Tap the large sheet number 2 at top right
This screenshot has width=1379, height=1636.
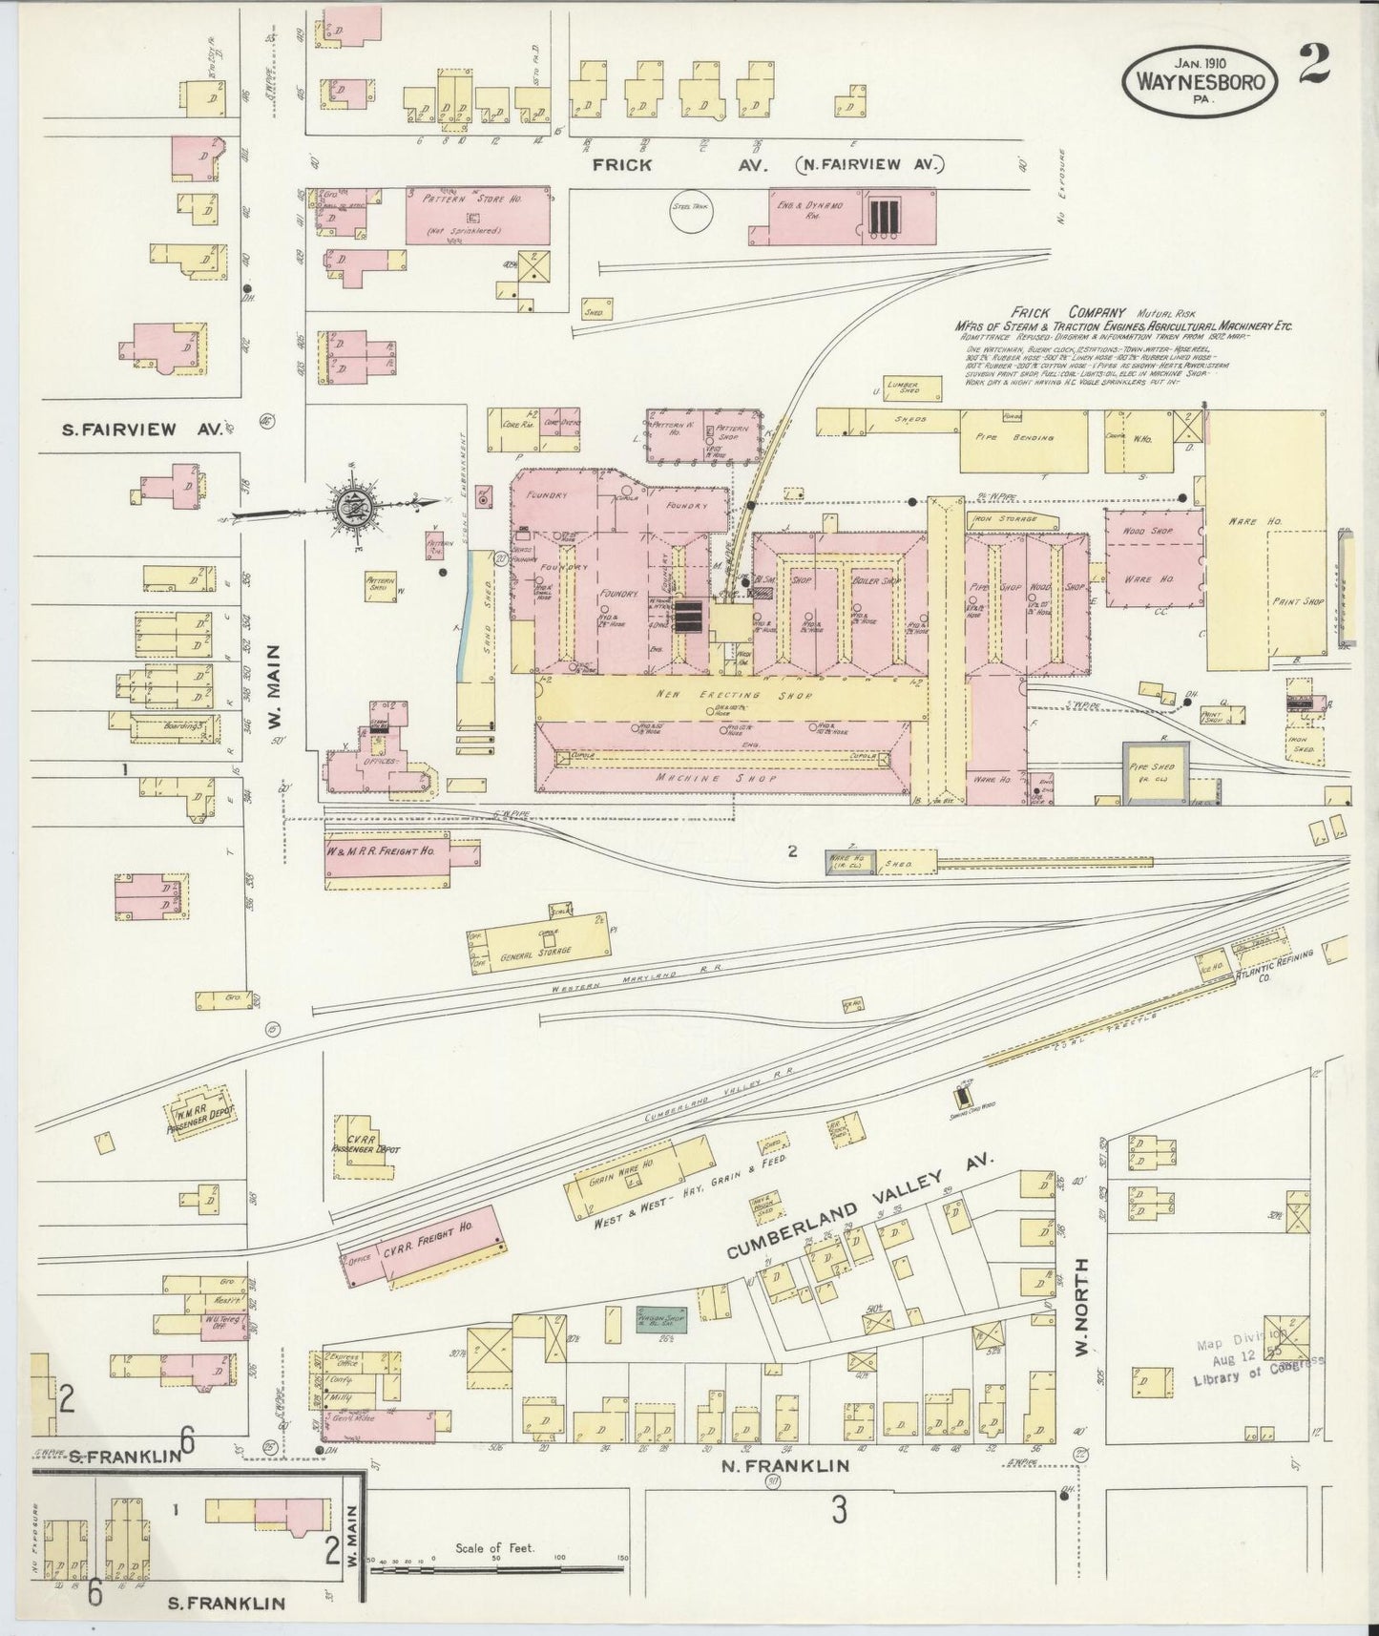1315,64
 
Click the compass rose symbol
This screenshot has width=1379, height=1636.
347,505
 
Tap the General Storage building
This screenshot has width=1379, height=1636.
541,951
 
